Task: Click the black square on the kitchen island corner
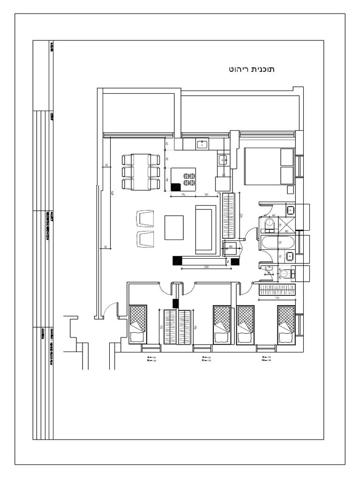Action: pos(175,187)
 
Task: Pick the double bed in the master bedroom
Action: pos(268,166)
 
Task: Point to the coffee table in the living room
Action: pos(174,227)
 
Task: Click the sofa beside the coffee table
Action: pos(205,230)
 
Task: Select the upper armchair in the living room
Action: pos(145,218)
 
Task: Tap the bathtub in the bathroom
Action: pos(277,242)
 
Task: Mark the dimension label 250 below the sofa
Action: pos(206,267)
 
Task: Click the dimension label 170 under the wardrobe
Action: pos(277,297)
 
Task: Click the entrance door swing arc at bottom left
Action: pos(110,309)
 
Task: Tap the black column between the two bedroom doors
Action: pos(176,303)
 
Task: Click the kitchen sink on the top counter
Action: pos(202,144)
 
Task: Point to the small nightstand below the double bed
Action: pos(290,189)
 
